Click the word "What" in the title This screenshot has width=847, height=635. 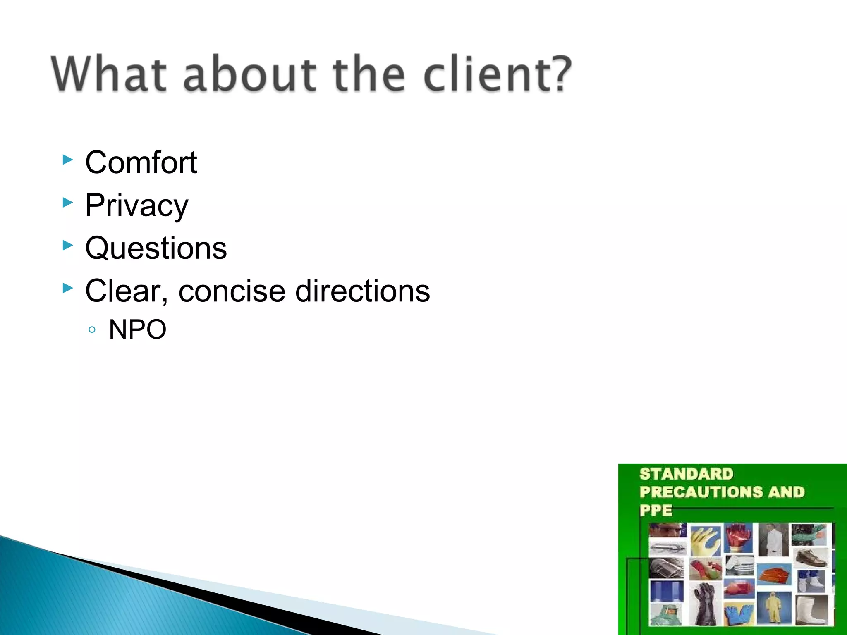coord(109,74)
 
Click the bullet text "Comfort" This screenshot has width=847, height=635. coord(141,162)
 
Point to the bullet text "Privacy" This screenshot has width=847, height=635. coord(136,205)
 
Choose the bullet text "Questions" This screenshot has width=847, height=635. coord(156,248)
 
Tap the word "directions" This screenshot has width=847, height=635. coord(362,291)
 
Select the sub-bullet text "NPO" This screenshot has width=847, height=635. coord(137,329)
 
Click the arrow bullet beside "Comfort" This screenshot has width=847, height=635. coord(68,160)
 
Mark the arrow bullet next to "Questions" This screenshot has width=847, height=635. coord(68,246)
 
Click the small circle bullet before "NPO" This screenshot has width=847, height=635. coord(92,330)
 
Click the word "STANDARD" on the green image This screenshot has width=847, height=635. coord(686,474)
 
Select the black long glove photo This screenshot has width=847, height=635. coord(704,604)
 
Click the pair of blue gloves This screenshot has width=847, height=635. coord(739,614)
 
